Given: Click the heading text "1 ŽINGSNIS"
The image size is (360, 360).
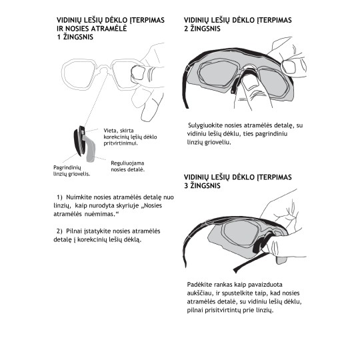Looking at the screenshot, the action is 75,37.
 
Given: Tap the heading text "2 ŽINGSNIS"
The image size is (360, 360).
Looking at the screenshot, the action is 202,29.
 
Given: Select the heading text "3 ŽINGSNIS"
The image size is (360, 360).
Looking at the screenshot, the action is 202,186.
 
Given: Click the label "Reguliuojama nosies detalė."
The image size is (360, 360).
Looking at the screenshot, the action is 127,166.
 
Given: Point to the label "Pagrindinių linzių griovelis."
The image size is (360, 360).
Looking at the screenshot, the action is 71,171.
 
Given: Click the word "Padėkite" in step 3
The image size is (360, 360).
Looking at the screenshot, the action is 199,285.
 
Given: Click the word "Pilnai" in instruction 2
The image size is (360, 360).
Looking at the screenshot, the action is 74,231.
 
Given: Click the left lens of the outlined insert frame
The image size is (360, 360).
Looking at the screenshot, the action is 78,75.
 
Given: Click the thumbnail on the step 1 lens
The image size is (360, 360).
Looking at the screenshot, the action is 137,73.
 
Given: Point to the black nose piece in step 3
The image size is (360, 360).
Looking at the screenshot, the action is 261,243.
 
